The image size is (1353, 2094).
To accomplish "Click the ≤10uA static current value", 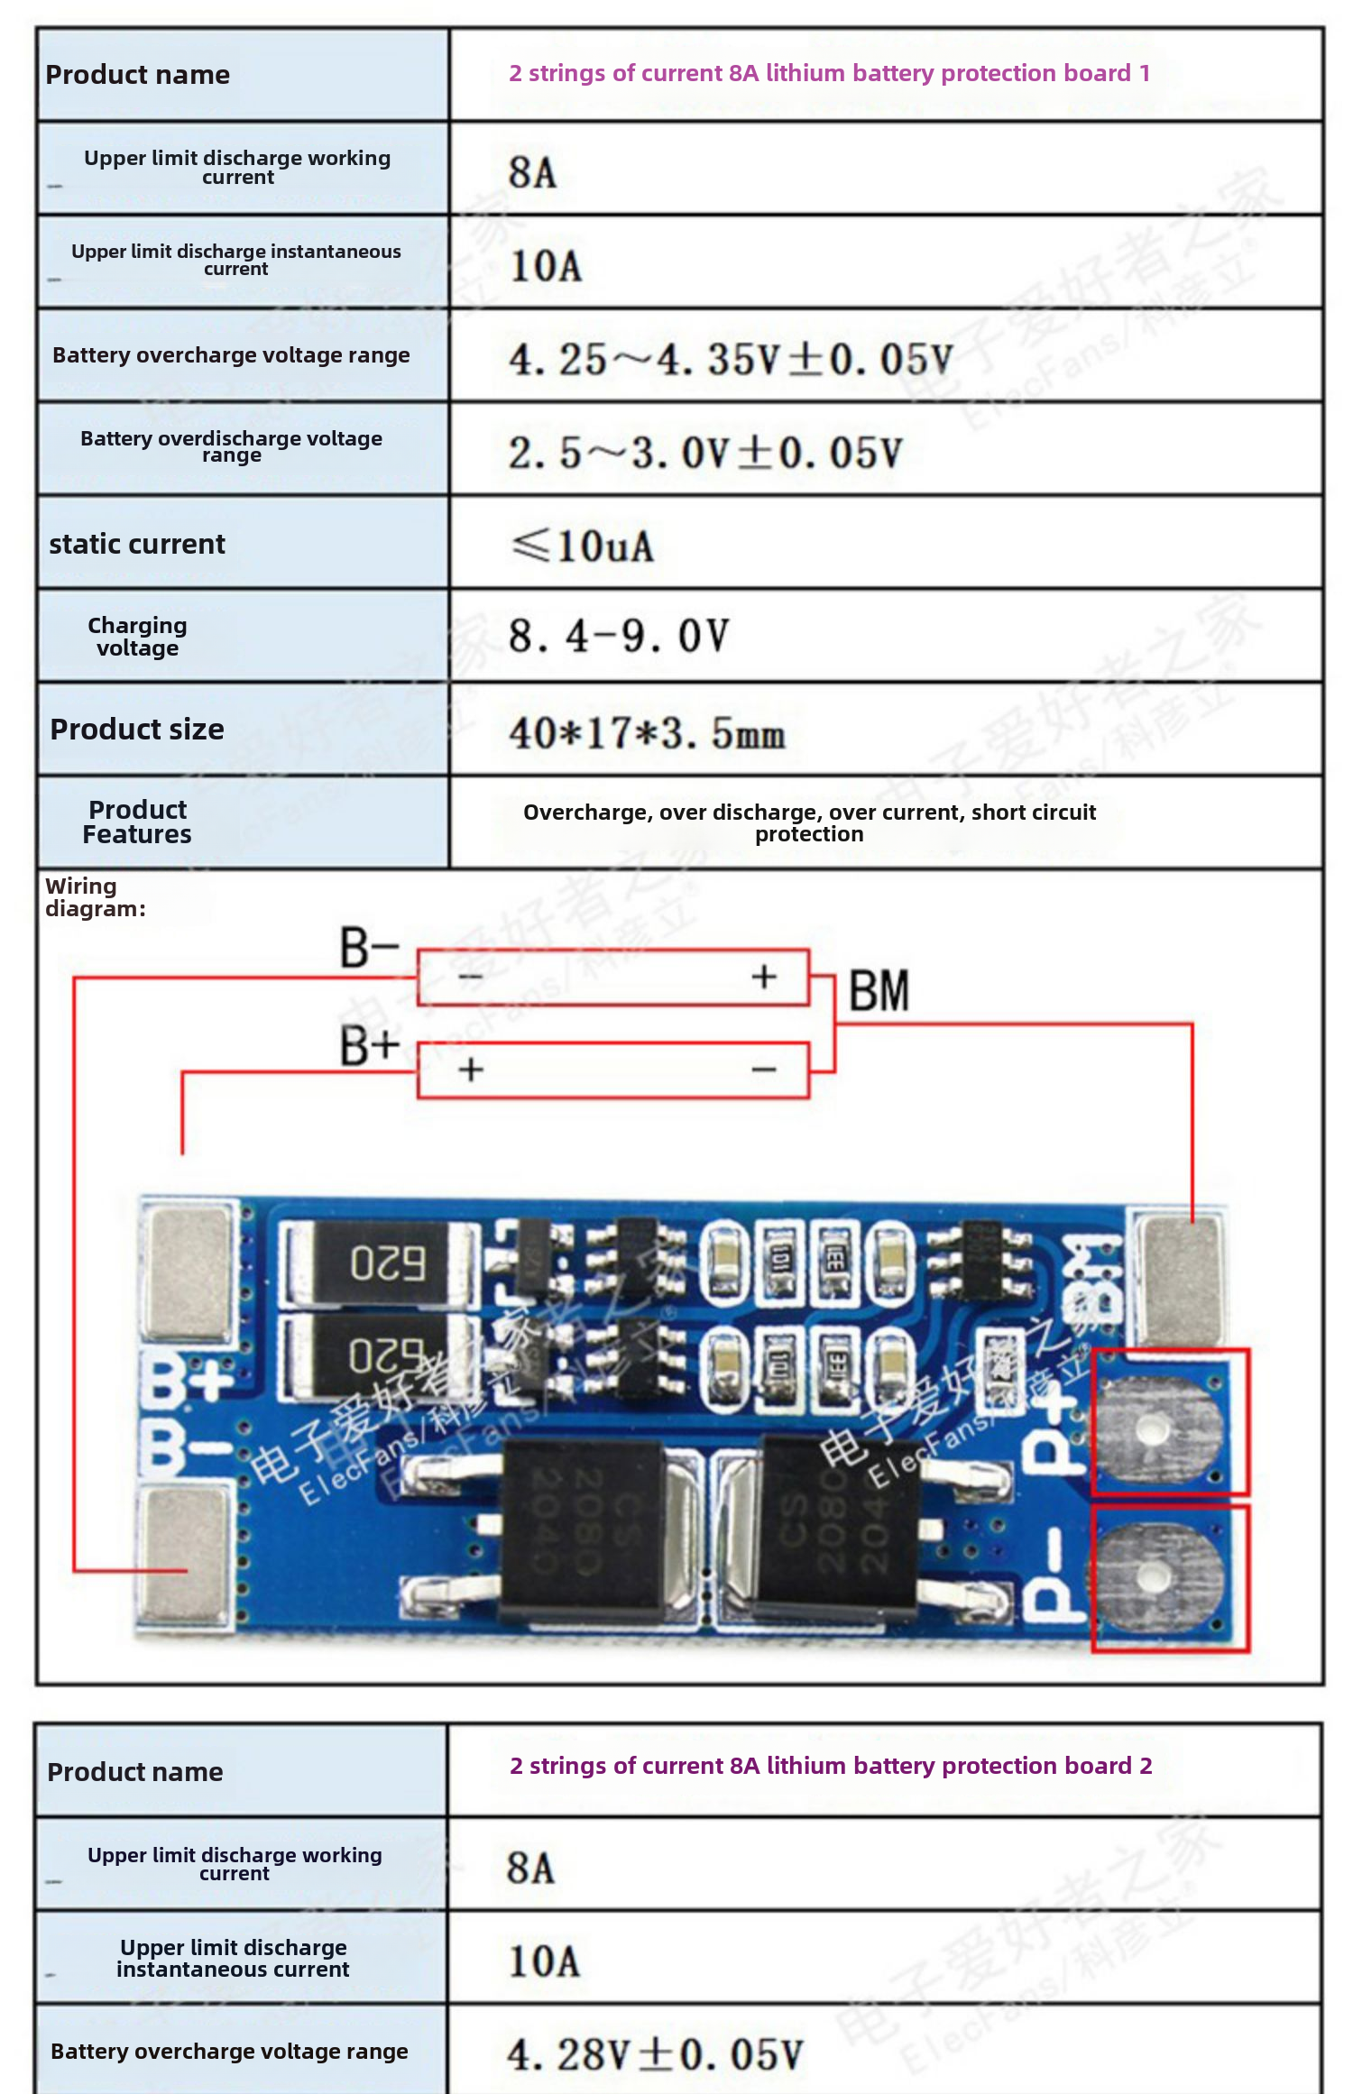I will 583,546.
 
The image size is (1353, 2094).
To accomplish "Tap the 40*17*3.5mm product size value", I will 647,732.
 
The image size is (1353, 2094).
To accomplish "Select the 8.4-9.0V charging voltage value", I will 618,637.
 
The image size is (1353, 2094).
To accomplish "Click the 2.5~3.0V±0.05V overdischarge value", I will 704,452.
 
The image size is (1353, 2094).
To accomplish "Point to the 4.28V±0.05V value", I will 654,2054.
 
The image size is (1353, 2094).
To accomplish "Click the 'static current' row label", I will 137,545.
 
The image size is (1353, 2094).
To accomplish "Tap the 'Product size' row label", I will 137,730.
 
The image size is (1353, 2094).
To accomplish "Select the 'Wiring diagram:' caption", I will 95,897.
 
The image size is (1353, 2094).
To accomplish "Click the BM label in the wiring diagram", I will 879,991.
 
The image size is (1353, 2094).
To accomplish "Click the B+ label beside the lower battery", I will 369,1046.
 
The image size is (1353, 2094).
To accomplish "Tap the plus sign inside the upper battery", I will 764,977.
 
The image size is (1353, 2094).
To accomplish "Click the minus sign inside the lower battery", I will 764,1070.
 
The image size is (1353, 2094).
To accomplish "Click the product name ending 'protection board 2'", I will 831,1766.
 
